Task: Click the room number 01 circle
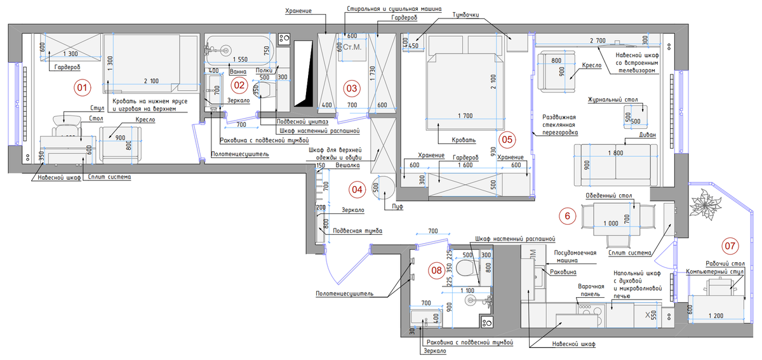coord(81,88)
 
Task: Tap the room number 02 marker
coord(238,84)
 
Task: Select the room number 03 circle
coord(351,88)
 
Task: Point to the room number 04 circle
coord(358,188)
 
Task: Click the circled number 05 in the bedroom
coord(506,138)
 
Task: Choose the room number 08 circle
coord(436,269)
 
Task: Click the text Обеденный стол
coord(606,196)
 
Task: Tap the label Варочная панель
coord(591,291)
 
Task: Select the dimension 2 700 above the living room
coord(598,41)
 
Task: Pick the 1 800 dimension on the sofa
coord(615,153)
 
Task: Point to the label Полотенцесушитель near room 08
coord(344,294)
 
